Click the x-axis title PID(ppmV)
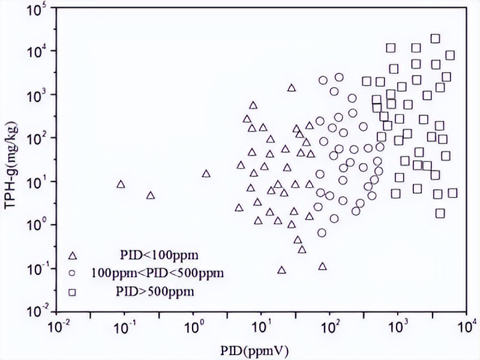262,348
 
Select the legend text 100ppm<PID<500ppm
157,274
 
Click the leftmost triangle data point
121,184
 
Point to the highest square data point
436,38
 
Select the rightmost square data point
452,193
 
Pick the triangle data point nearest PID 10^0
206,174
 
